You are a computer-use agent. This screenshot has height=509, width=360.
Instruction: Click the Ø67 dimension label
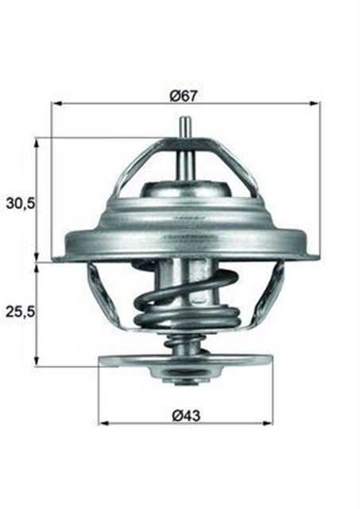coord(184,95)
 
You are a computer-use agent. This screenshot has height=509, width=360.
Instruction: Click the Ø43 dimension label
coord(184,413)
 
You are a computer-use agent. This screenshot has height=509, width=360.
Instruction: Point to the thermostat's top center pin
coord(184,131)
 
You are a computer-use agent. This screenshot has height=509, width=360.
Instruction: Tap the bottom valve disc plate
coord(184,361)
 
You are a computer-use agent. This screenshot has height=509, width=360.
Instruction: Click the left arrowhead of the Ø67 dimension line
coord(56,103)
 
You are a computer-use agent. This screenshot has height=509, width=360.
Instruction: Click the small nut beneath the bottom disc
coord(184,379)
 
